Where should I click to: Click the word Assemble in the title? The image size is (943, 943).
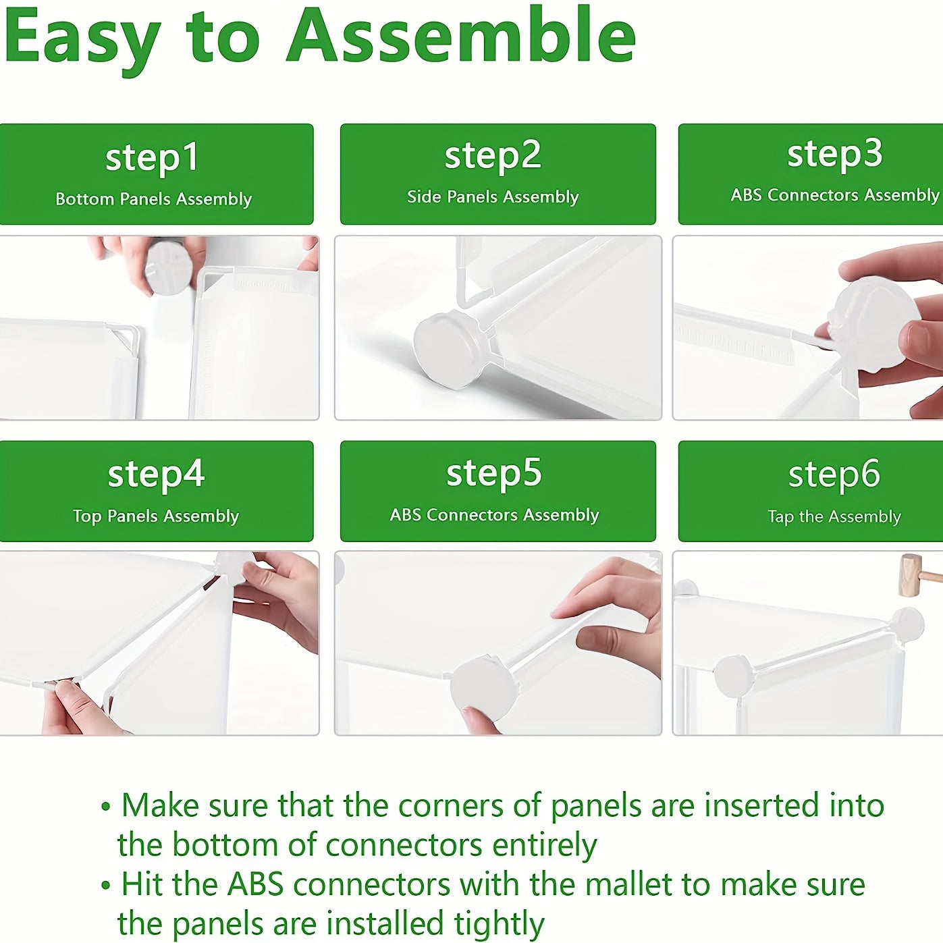pos(462,36)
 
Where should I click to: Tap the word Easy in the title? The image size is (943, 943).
pos(82,42)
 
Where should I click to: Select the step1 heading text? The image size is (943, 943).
pos(152,157)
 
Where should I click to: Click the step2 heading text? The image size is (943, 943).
pos(493,156)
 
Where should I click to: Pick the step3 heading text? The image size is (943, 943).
pos(835,154)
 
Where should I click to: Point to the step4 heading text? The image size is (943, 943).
pos(156,474)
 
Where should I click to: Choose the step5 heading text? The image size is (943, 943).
pos(494,473)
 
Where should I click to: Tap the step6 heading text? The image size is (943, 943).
pos(834,474)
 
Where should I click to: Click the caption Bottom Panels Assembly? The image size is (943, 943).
pos(154,199)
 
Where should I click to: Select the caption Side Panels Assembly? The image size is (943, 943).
pos(493,196)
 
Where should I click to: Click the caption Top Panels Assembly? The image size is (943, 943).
pos(156,516)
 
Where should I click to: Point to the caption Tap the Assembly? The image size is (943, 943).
pos(834,516)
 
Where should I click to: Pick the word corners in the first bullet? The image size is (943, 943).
pos(450,806)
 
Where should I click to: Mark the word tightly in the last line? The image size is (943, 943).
pos(499,912)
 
